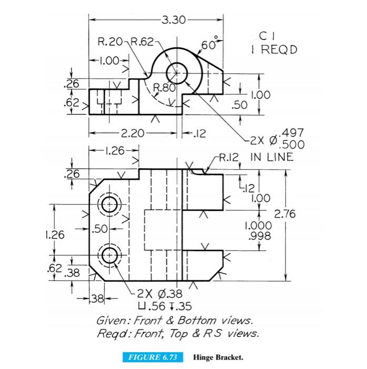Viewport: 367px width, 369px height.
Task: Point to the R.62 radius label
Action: [x=142, y=42]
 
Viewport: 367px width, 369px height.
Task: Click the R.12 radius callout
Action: [x=230, y=157]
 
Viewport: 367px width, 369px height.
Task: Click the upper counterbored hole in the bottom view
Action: [x=110, y=205]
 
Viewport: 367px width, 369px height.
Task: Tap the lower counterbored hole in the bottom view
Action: [x=110, y=255]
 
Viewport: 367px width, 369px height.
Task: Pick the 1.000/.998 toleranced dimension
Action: [x=258, y=231]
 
